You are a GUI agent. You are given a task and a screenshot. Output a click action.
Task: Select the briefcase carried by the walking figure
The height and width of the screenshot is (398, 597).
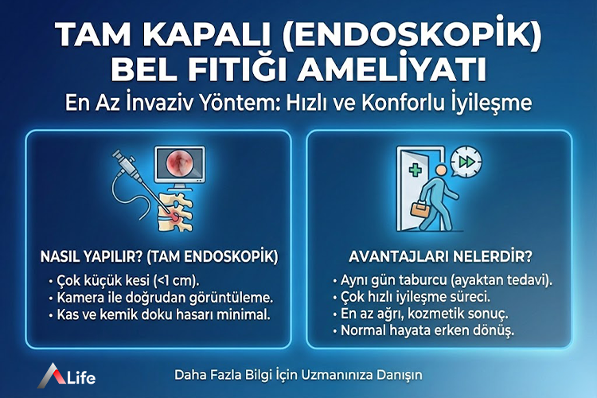(419, 209)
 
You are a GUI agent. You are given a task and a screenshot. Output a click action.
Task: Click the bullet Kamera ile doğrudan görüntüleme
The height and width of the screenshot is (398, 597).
(160, 298)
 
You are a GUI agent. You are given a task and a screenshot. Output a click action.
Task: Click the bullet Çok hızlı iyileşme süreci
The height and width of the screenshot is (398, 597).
(408, 297)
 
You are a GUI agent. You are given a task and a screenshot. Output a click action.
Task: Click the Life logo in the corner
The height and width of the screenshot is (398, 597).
(70, 373)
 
